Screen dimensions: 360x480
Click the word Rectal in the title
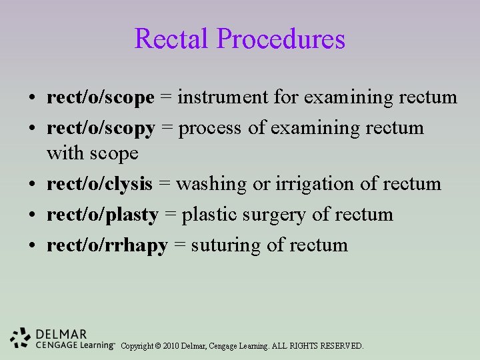(x=172, y=39)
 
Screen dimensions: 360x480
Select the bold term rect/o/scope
(x=100, y=98)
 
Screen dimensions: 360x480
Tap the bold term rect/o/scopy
(x=101, y=128)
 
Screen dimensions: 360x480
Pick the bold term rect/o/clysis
(x=99, y=184)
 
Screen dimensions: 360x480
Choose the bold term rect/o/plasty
(x=102, y=215)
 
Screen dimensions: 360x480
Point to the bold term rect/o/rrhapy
(x=107, y=245)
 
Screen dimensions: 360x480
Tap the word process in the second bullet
(x=211, y=128)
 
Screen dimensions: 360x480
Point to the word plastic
(x=207, y=215)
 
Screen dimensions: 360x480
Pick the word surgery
(x=269, y=215)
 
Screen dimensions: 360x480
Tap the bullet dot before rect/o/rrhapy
(x=32, y=246)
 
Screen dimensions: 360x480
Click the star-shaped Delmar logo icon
(x=21, y=338)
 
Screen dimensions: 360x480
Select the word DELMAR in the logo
(x=61, y=333)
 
